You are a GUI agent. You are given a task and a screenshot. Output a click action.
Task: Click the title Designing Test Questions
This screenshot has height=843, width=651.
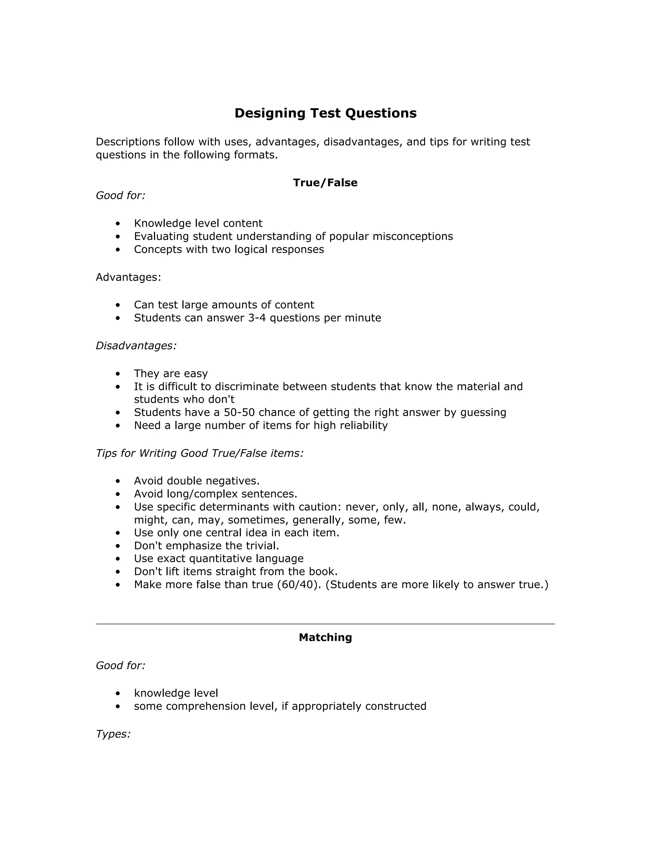pos(325,113)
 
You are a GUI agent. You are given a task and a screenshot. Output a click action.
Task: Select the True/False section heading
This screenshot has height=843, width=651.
pos(325,183)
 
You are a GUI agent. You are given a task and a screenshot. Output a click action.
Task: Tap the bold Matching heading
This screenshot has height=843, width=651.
pos(325,637)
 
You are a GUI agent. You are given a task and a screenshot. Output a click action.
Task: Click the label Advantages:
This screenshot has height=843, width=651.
pos(128,277)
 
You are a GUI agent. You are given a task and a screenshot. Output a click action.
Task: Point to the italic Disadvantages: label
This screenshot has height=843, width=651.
pos(136,345)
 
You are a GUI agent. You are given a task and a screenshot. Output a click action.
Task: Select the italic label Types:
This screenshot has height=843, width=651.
pos(113,734)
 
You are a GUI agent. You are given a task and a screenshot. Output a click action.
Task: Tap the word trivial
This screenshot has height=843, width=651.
pos(262,546)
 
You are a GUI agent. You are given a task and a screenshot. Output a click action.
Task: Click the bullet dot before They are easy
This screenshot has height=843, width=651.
pos(118,374)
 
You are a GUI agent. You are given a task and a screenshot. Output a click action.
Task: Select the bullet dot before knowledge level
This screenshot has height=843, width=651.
pos(118,693)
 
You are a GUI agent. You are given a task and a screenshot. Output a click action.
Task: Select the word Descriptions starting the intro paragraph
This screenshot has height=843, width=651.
pos(128,142)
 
